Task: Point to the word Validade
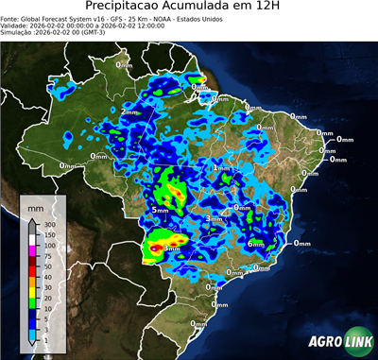click(x=18, y=25)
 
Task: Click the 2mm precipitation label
click(x=129, y=111)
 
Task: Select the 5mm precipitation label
click(x=159, y=209)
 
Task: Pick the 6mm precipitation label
click(x=255, y=243)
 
